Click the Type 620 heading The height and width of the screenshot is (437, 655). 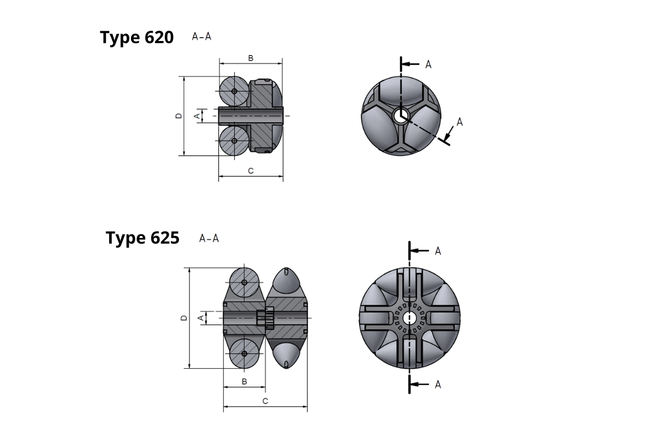pos(137,38)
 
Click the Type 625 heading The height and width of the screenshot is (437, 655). pos(142,238)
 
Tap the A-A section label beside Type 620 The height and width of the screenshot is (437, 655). pos(201,37)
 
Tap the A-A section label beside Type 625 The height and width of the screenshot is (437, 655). pos(209,238)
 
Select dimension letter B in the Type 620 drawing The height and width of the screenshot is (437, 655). pos(251,58)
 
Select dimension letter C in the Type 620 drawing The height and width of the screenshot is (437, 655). pos(251,171)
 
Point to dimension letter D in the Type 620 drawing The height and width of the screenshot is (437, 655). pos(178,116)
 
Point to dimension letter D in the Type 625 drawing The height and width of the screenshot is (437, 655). pos(184,318)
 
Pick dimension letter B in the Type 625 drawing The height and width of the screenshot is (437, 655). pos(245,382)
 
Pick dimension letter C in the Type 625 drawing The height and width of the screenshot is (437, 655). pos(265,401)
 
